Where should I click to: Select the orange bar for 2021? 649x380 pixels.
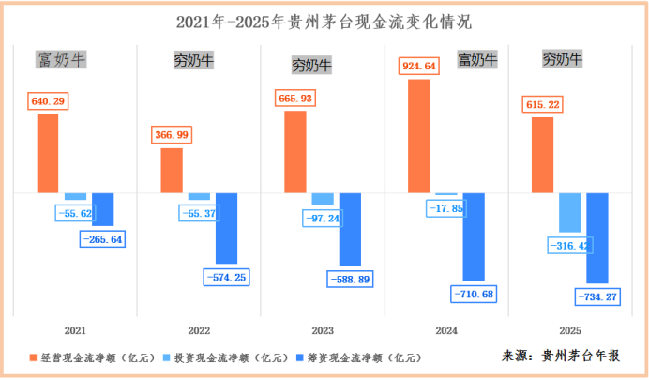48,153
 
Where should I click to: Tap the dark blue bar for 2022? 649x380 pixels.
227,228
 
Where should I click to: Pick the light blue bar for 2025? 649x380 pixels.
569,212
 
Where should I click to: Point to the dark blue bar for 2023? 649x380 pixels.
350,229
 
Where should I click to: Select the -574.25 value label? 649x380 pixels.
227,277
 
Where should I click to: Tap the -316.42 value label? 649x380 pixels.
570,246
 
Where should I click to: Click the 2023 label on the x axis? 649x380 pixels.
324,331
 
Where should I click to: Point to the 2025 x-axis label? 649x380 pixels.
570,331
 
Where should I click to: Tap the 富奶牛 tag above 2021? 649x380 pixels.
61,61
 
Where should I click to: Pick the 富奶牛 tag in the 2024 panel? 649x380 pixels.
476,61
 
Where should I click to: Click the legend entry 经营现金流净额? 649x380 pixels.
91,357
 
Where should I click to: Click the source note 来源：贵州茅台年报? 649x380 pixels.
560,356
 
